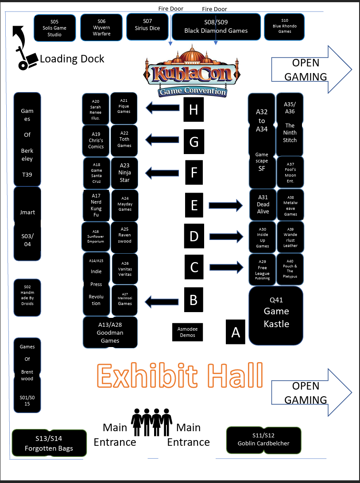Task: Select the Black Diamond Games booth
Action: (216, 27)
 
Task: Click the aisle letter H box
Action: (194, 109)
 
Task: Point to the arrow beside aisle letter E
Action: (226, 205)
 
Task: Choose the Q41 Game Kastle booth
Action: (276, 315)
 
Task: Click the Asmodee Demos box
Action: (187, 332)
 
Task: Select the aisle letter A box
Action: (236, 332)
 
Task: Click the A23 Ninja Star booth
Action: (124, 173)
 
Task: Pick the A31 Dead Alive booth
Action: (263, 205)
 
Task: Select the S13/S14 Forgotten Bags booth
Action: (49, 443)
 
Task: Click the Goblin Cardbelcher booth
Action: (263, 440)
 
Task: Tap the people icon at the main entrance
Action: (151, 423)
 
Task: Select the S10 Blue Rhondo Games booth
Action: (285, 27)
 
